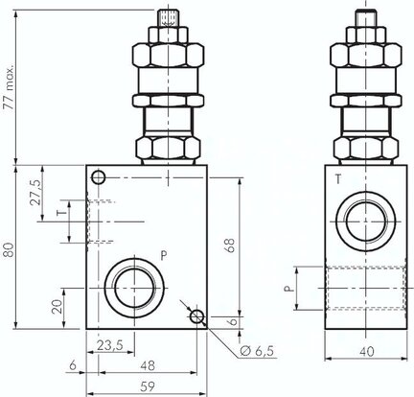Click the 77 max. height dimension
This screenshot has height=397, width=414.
[x=10, y=87]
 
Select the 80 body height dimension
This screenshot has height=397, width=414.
[x=10, y=250]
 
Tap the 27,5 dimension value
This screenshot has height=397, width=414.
[x=35, y=193]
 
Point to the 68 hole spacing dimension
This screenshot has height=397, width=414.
[x=231, y=245]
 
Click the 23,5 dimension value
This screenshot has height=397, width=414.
[x=110, y=345]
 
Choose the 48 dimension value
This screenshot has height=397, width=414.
[x=148, y=365]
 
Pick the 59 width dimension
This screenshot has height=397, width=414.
[x=148, y=386]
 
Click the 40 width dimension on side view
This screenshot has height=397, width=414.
[x=366, y=352]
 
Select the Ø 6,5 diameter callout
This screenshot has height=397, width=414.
[x=257, y=351]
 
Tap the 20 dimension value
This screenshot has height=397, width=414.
[x=57, y=307]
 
